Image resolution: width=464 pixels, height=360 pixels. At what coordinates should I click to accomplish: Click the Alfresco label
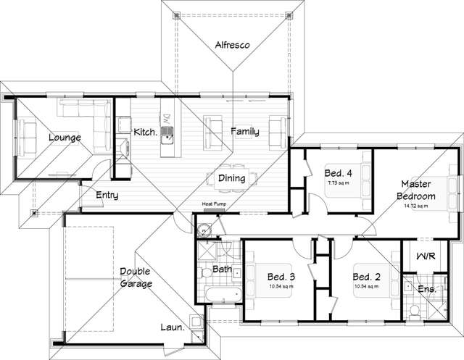(232, 45)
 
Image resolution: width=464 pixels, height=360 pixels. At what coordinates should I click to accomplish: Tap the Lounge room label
(65, 138)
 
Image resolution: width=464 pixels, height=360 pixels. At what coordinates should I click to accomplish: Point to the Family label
(245, 131)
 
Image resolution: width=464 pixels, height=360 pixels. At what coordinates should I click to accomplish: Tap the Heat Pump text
(215, 205)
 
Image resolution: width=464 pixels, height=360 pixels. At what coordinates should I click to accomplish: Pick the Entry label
(107, 195)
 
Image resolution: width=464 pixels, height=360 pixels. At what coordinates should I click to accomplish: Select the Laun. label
(172, 327)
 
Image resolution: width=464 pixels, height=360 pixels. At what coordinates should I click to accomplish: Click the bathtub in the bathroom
(221, 296)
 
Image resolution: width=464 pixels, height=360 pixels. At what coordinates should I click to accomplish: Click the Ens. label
(427, 289)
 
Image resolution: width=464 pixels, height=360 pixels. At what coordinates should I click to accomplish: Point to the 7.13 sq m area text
(338, 184)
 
